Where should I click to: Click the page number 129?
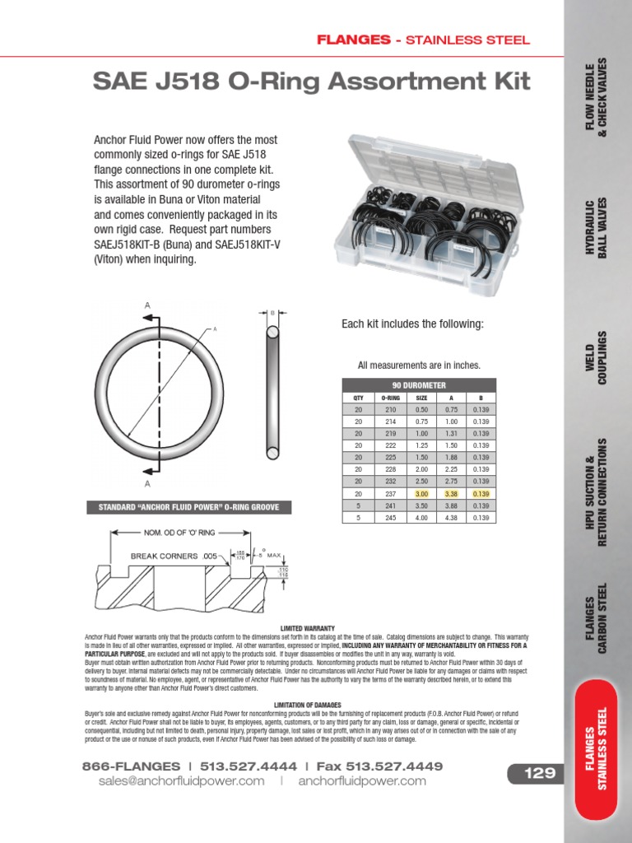(x=533, y=773)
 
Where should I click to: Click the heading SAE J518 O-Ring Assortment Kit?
(x=311, y=82)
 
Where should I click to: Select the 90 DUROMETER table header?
(x=419, y=384)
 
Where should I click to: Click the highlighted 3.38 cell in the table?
(x=449, y=493)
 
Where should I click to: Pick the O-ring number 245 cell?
(x=389, y=518)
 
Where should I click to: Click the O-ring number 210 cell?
(x=389, y=409)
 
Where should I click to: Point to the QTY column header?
(x=358, y=397)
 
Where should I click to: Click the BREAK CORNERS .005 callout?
(x=173, y=557)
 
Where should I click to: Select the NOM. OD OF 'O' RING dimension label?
(x=179, y=533)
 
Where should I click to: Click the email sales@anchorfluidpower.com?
(x=182, y=781)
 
